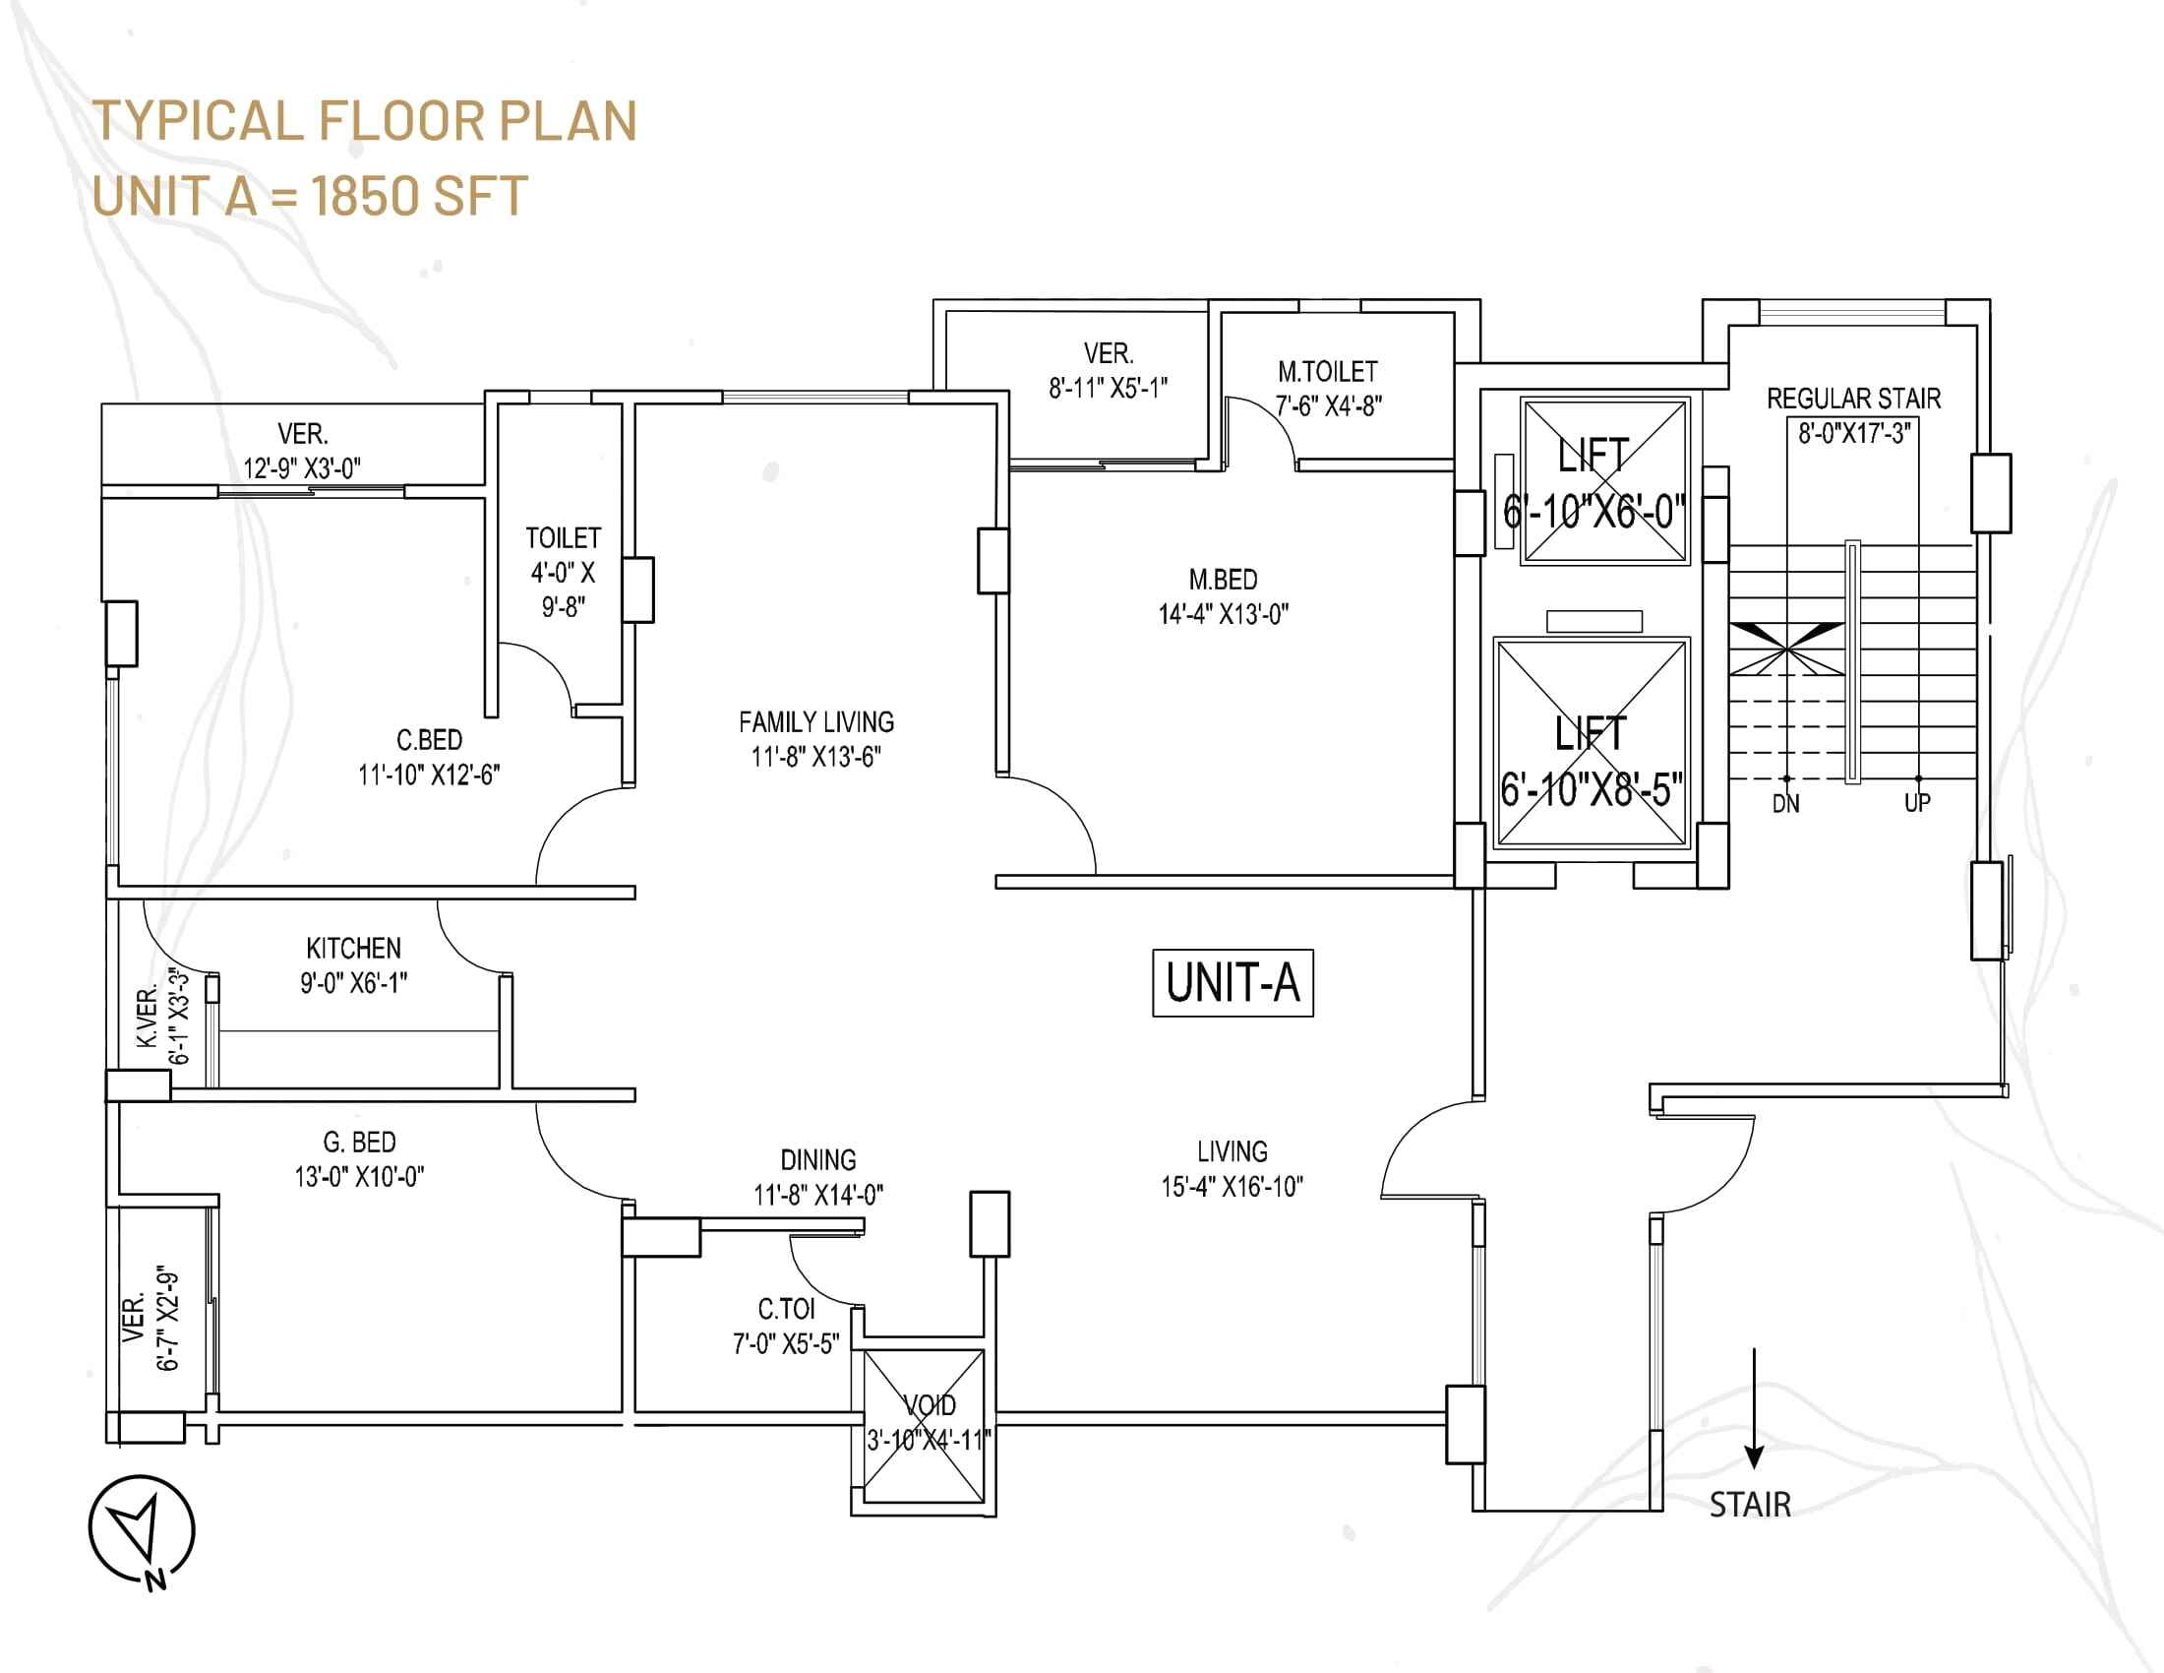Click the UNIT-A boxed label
coord(1232,983)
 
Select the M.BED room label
coord(1224,580)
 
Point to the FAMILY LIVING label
coord(816,722)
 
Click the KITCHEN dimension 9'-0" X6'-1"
coord(354,983)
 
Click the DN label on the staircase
coord(1785,804)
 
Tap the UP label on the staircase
coord(1917,803)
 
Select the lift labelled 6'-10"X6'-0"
coord(1605,480)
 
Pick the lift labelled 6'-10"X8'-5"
coord(1592,744)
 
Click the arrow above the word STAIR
coord(1754,1407)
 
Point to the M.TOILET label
coord(1328,372)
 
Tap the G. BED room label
coord(360,1143)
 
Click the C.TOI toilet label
coord(786,1309)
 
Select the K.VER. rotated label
coord(148,1017)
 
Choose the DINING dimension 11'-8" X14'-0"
coord(818,1196)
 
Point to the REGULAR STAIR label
coord(1854,399)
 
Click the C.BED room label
coord(429,740)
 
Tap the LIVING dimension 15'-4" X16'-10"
coord(1232,1187)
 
